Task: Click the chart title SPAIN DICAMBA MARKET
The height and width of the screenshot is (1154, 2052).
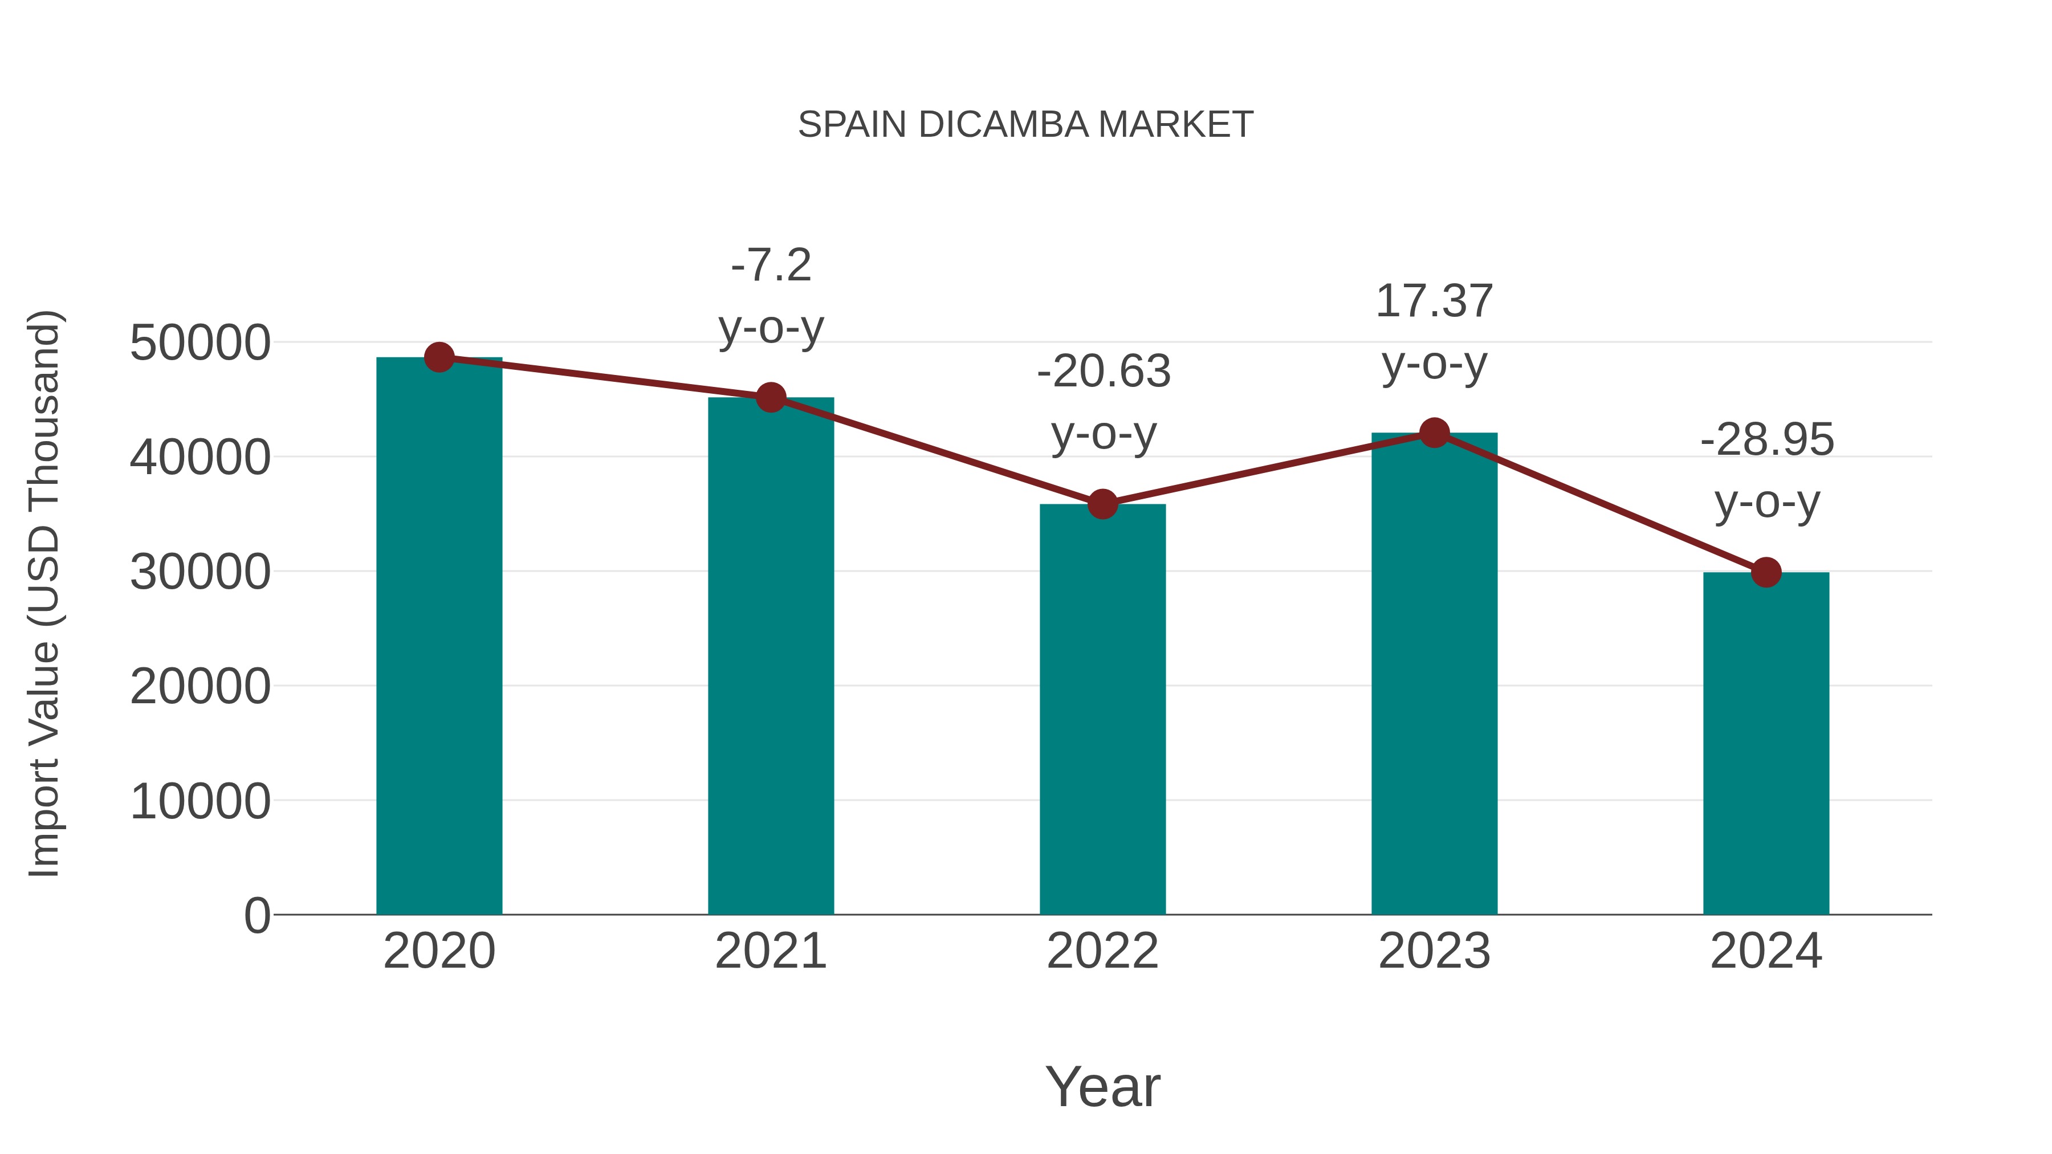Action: [x=1025, y=125]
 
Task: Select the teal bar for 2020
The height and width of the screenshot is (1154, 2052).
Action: [x=439, y=637]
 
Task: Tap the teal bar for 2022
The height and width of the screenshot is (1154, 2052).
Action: [x=1102, y=709]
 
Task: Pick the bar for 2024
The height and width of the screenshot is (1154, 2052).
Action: [x=1766, y=745]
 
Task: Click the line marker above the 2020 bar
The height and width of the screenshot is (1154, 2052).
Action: [x=439, y=357]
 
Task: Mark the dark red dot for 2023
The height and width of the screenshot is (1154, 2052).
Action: [x=1434, y=433]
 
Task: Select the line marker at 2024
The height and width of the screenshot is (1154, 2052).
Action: [x=1766, y=572]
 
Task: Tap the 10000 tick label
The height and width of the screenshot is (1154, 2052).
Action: [x=200, y=801]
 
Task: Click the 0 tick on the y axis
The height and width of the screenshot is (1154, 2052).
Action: [x=257, y=916]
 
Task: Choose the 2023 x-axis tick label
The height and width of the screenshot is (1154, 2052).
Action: [x=1434, y=951]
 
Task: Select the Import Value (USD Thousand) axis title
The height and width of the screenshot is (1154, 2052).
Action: [x=44, y=593]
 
